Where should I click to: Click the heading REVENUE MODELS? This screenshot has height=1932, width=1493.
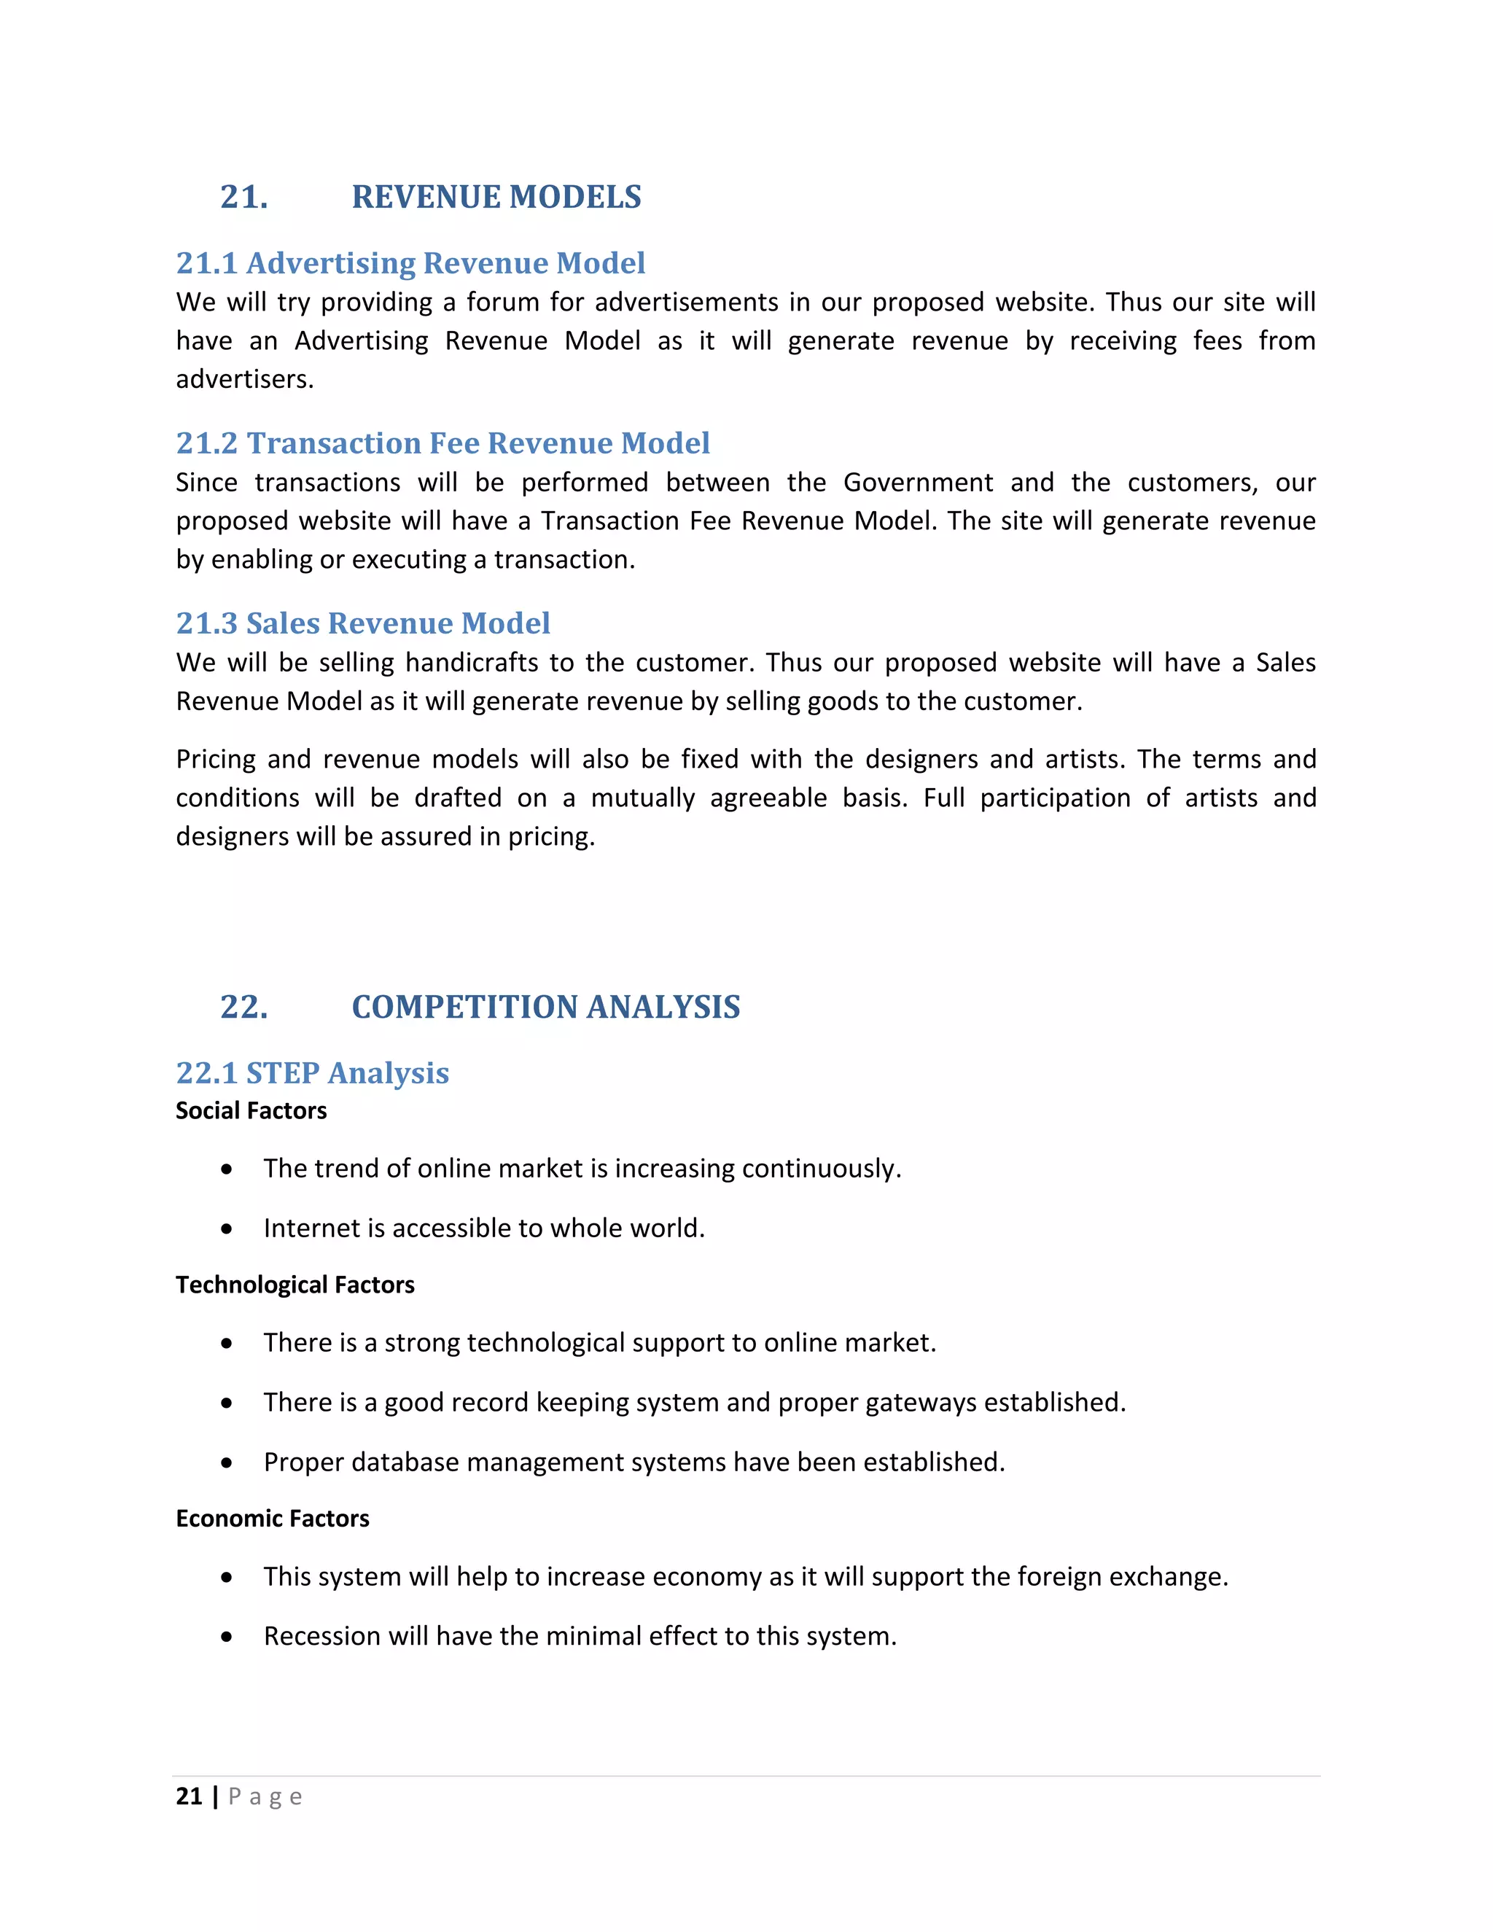pos(496,196)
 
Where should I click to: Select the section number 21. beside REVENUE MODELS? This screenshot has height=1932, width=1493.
pos(244,196)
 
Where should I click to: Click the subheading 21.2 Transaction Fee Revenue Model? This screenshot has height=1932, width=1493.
pos(443,443)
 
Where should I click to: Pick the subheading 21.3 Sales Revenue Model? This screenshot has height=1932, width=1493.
pos(362,623)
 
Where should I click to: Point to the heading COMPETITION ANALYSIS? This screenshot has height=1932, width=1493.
pos(546,1007)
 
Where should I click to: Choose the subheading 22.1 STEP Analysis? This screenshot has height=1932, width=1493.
pos(312,1072)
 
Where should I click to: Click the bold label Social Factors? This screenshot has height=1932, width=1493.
pos(252,1110)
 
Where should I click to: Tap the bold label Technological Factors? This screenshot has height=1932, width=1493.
pos(295,1285)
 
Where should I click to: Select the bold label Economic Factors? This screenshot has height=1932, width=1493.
pos(273,1518)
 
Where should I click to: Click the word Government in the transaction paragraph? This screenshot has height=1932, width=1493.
pos(917,482)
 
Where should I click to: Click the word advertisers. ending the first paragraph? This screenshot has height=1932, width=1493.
pos(245,380)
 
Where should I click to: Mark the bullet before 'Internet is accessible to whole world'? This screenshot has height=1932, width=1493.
pos(227,1228)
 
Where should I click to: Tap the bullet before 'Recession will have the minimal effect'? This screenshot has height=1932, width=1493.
pos(227,1637)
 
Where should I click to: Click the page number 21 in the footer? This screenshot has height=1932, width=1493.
pos(190,1796)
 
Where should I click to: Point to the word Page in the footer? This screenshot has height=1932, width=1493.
pos(265,1796)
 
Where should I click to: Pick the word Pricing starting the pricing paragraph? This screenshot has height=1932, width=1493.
pos(216,759)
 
